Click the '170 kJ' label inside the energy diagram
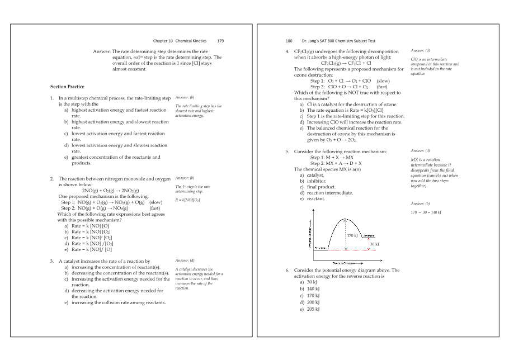pyautogui.click(x=353, y=236)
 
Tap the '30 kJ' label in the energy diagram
pyautogui.click(x=374, y=244)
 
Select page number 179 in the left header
pyautogui.click(x=220, y=41)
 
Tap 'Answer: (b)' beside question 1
pyautogui.click(x=185, y=97)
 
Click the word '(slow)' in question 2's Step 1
pyautogui.click(x=156, y=202)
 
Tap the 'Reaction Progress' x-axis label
pyautogui.click(x=341, y=262)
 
